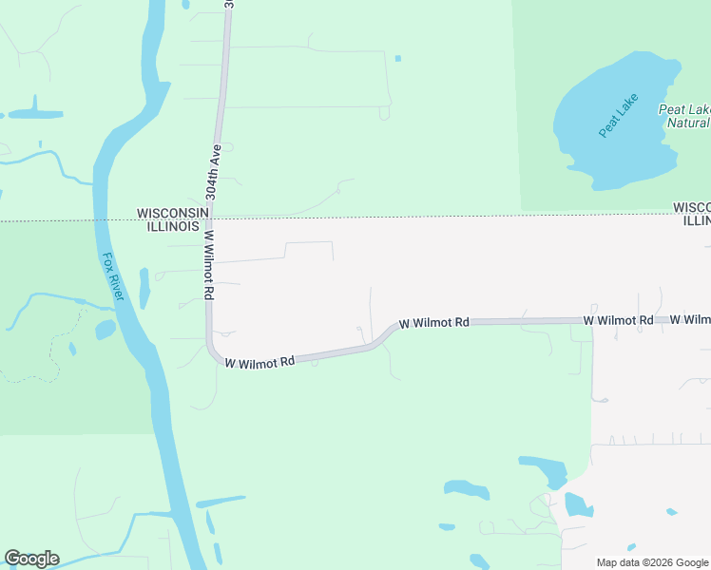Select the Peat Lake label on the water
pyautogui.click(x=619, y=116)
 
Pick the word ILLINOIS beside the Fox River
pyautogui.click(x=172, y=227)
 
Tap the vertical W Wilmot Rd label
pyautogui.click(x=207, y=265)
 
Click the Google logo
pyautogui.click(x=31, y=559)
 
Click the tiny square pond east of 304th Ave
pyautogui.click(x=397, y=59)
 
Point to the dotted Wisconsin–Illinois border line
pyautogui.click(x=428, y=217)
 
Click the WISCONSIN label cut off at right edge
pyautogui.click(x=692, y=207)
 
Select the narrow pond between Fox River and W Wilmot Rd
pyautogui.click(x=144, y=287)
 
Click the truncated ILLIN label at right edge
pyautogui.click(x=697, y=221)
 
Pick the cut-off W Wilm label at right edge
pyautogui.click(x=690, y=320)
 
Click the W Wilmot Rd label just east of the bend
pyautogui.click(x=434, y=323)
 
